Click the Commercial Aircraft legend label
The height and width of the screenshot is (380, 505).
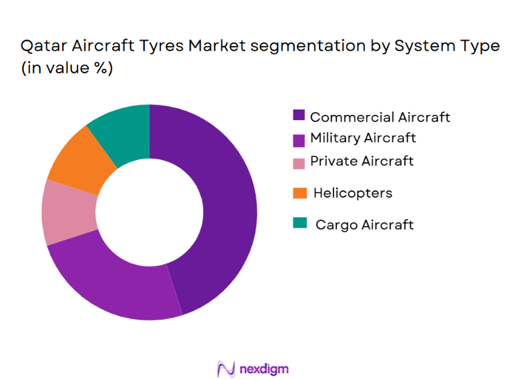[380, 117]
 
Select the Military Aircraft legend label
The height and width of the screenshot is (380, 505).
[363, 138]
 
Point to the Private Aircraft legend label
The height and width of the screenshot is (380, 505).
[362, 161]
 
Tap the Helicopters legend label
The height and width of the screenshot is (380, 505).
[353, 193]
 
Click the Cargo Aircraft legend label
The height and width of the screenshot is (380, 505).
[364, 224]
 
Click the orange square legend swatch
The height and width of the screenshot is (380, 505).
[300, 193]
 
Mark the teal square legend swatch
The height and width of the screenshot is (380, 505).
[300, 224]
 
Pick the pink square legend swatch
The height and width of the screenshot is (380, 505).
[300, 161]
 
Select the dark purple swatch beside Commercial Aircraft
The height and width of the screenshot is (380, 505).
[300, 116]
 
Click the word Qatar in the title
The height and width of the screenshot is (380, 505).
[42, 46]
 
